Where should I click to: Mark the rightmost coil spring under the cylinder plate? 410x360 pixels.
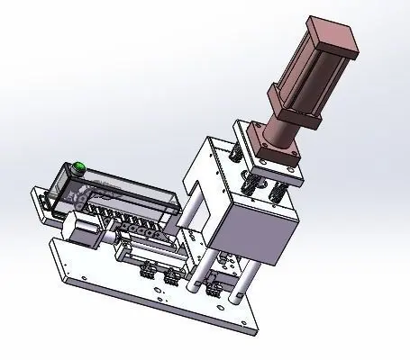pos(277,190)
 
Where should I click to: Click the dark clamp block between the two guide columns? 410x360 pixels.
pos(214,288)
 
